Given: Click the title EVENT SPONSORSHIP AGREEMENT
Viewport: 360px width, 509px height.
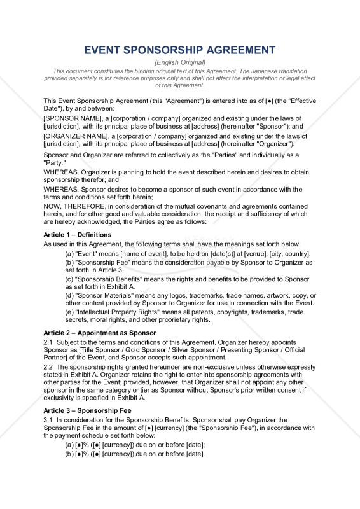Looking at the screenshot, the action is [180, 50].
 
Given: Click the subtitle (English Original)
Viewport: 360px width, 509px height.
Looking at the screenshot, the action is [180, 62].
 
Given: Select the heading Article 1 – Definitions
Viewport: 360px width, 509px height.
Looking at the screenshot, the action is [77, 235].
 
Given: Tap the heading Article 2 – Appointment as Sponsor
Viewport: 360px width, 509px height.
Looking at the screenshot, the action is [99, 333].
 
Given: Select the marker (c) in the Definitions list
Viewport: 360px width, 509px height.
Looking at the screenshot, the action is [69, 279].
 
